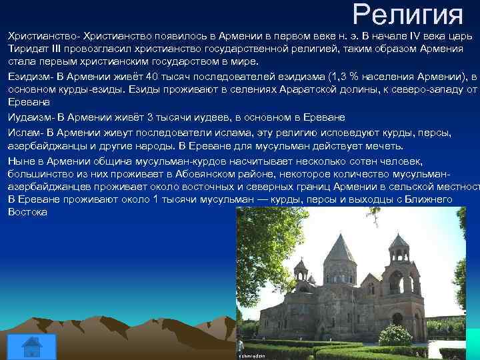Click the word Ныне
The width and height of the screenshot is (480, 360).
tap(21, 161)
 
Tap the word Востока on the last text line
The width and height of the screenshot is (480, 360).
tap(27, 211)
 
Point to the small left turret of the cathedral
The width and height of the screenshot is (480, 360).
tap(301, 270)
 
